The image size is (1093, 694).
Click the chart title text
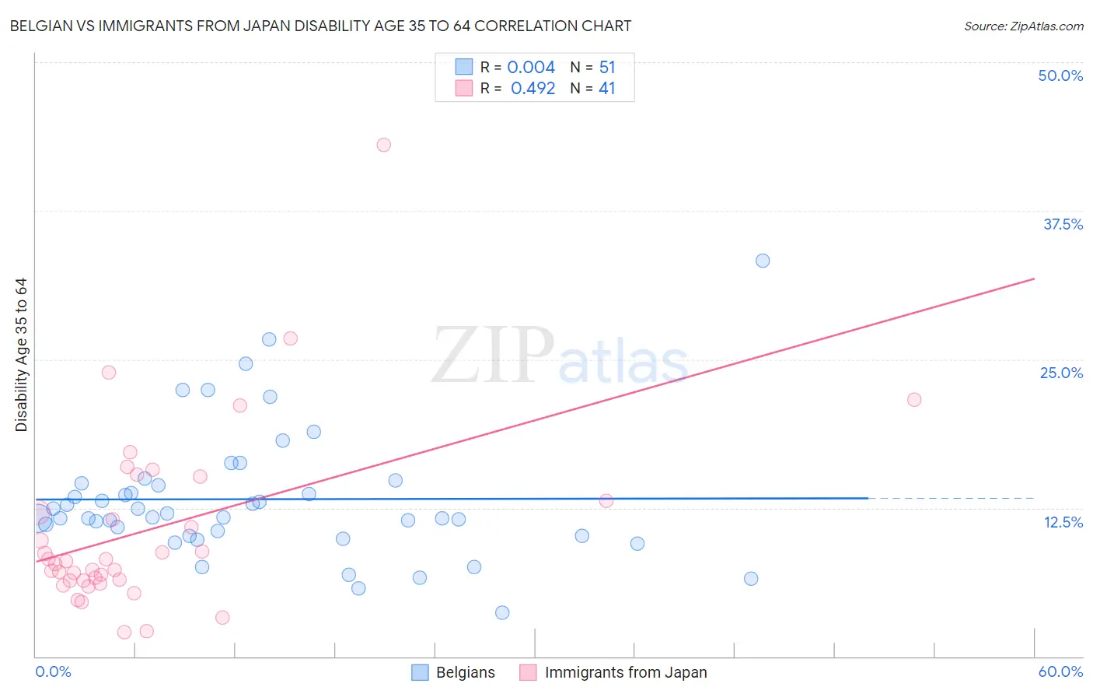click(320, 26)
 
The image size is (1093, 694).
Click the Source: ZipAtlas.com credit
click(1023, 26)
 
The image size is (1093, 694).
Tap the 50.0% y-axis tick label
click(1060, 75)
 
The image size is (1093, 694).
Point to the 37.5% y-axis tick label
click(1063, 224)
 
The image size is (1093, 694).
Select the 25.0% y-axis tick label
click(1061, 373)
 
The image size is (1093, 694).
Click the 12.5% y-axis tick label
click(1063, 522)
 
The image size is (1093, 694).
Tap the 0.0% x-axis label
click(54, 671)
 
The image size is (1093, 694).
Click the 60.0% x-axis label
click(1060, 671)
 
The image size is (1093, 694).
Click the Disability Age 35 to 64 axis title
click(21, 355)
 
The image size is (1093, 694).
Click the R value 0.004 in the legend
click(531, 68)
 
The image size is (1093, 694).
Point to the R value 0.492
click(533, 89)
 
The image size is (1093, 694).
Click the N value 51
click(607, 68)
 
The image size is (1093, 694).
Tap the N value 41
click(607, 89)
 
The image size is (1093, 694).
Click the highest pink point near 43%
click(383, 145)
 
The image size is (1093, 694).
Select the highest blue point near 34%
click(763, 261)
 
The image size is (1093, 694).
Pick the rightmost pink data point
click(914, 400)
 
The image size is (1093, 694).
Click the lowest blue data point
click(502, 612)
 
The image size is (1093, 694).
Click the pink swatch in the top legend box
click(464, 88)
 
